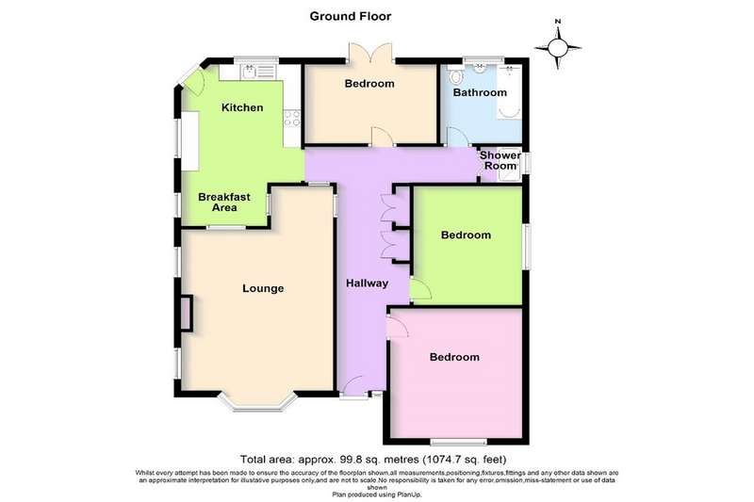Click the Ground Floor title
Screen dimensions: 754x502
(x=350, y=16)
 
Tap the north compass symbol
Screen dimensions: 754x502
(x=558, y=47)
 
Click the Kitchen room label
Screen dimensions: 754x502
(x=242, y=107)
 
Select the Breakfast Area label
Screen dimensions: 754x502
(x=224, y=202)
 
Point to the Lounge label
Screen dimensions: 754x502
(x=263, y=288)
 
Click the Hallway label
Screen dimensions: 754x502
(x=367, y=283)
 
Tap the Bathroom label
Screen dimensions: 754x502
(x=480, y=92)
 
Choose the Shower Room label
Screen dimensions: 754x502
(x=500, y=160)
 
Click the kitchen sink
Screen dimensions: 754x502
(x=257, y=73)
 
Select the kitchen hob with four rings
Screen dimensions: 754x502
(x=292, y=119)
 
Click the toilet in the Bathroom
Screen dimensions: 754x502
(x=455, y=75)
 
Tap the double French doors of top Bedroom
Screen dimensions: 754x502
(x=370, y=53)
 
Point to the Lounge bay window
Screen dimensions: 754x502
(x=257, y=402)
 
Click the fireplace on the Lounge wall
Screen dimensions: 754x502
(x=186, y=314)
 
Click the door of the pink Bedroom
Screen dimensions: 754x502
(x=397, y=328)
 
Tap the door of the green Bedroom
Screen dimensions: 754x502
(x=420, y=289)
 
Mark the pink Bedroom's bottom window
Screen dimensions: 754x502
(x=458, y=442)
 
